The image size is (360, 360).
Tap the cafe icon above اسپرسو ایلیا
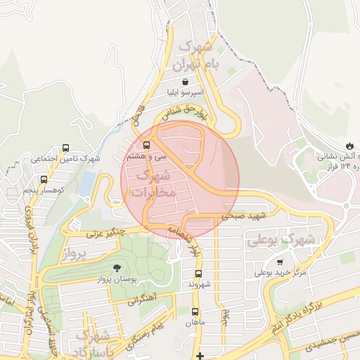point(184,82)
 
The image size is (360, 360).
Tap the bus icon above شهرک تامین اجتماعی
point(65,148)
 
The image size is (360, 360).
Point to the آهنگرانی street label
point(145,301)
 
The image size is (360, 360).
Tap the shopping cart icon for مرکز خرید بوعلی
point(280,260)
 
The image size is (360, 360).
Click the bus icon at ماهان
point(195,311)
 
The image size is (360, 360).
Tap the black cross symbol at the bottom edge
point(200,356)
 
